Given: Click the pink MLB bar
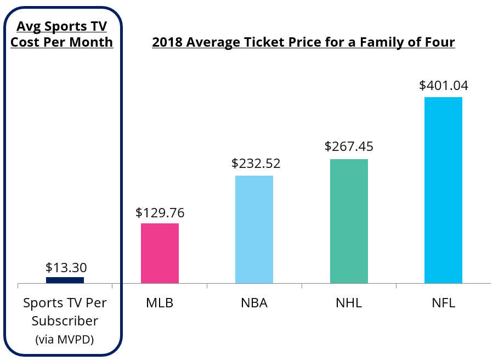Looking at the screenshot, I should (x=160, y=253).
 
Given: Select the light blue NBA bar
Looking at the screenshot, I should (x=254, y=229).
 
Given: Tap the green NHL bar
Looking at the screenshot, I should (x=349, y=221).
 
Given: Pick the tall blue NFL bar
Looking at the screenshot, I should (x=443, y=190).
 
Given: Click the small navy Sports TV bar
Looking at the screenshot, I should (x=65, y=280).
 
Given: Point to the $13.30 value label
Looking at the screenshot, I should (x=66, y=268).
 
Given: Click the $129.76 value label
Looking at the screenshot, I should (x=160, y=212).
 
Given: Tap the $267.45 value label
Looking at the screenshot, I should (x=349, y=147).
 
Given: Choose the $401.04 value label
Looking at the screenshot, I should (x=444, y=85).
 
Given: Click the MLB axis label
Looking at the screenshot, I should (x=160, y=303).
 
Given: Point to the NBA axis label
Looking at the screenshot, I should (x=254, y=303).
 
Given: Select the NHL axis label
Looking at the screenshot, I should (x=349, y=303).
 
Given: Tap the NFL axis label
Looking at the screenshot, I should (x=443, y=303).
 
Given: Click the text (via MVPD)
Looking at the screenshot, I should (x=65, y=340).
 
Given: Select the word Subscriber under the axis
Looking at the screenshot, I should (x=65, y=321).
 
